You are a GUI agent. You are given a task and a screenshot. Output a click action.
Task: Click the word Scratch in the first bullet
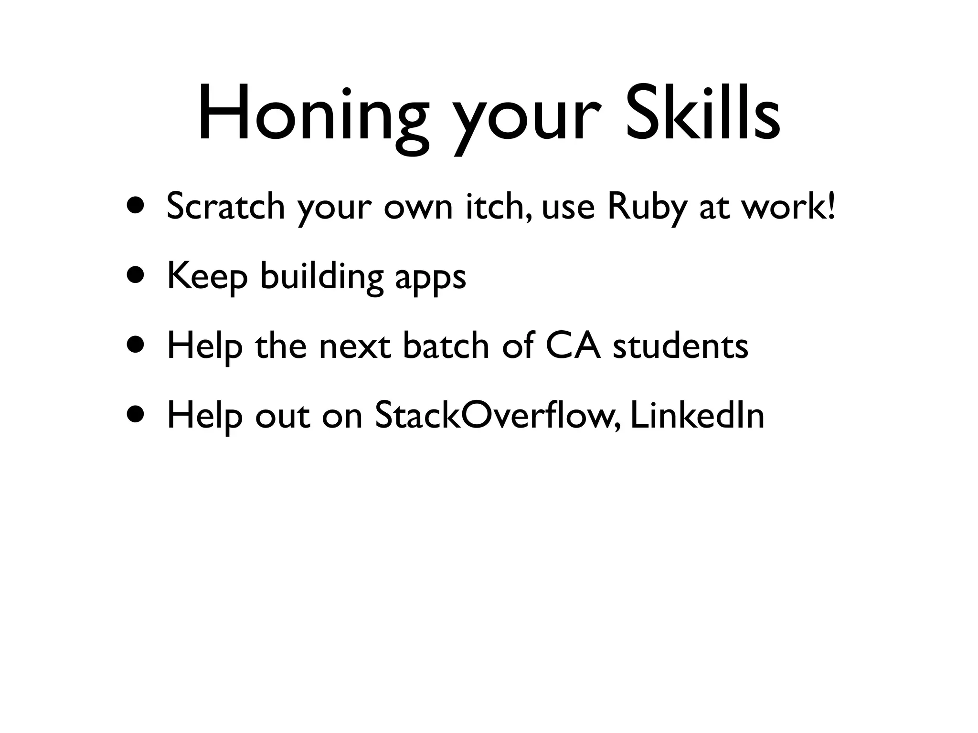pyautogui.click(x=225, y=207)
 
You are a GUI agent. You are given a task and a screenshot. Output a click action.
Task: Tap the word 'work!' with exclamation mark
pyautogui.click(x=788, y=207)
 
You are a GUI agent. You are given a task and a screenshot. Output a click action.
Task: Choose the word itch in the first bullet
pyautogui.click(x=499, y=207)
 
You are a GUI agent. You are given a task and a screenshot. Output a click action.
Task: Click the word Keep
pyautogui.click(x=207, y=277)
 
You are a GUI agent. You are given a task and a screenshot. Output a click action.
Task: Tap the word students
pyautogui.click(x=680, y=346)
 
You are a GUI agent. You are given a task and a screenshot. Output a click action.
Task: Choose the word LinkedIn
pyautogui.click(x=697, y=415)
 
